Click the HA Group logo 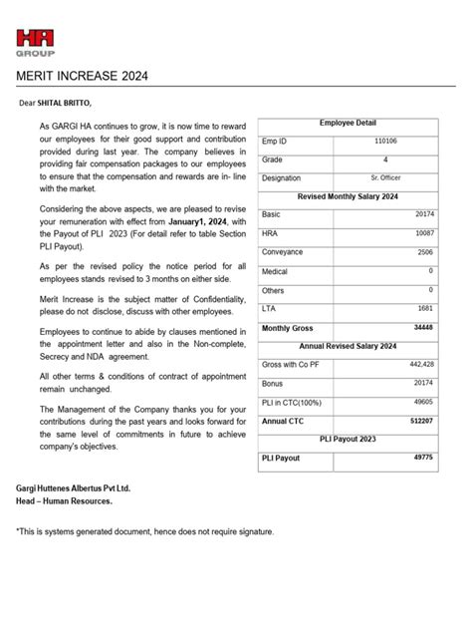pos(36,42)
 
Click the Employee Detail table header pos(348,123)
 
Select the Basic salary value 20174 pos(422,214)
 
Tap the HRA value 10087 pos(422,233)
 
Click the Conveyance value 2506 pos(424,252)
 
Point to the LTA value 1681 pos(424,309)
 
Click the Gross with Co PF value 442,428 pos(419,365)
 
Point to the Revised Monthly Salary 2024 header pos(348,196)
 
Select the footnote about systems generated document pos(144,531)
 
